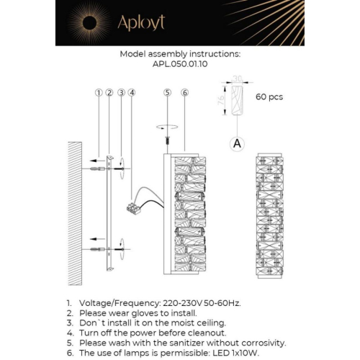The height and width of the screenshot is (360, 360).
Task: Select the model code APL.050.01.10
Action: point(179,63)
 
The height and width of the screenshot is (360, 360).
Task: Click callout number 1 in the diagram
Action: point(97,93)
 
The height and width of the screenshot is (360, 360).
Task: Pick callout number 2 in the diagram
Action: point(109,93)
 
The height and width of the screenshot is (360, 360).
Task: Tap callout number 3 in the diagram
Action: point(121,93)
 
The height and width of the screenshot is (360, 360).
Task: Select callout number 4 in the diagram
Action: point(132,93)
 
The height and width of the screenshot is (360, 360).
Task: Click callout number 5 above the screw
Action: point(167,93)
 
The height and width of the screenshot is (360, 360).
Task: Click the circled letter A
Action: point(236,143)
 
